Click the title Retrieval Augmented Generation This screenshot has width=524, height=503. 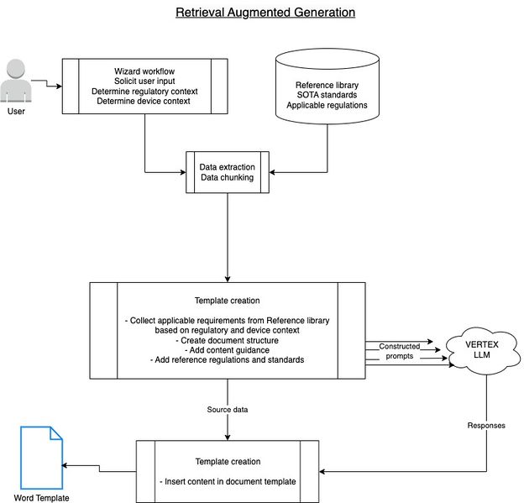pos(265,13)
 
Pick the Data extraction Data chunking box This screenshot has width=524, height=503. pos(227,172)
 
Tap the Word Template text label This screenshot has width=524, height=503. pos(41,497)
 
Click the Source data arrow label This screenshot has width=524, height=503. pos(227,410)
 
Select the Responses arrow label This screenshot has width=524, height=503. pos(487,426)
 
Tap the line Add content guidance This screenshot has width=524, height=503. pos(227,350)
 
